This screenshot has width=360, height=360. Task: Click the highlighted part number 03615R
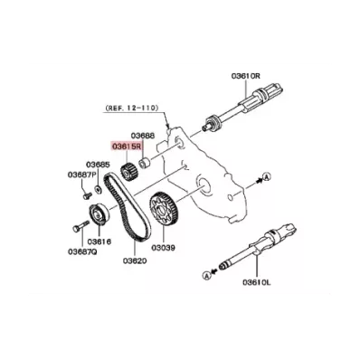point(127,147)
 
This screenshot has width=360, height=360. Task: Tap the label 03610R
point(245,76)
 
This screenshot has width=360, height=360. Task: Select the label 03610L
point(257,282)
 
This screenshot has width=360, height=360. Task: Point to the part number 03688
point(143,136)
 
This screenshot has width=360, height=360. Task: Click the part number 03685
point(98,165)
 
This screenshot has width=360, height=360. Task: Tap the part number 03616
point(99,242)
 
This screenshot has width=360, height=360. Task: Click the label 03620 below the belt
point(135,261)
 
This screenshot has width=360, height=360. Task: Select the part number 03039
point(163,248)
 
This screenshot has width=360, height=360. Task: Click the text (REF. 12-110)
point(131,108)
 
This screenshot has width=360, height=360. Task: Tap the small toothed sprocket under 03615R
point(128,172)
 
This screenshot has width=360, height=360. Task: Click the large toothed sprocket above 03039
point(163,209)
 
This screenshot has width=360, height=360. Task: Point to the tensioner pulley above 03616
point(99,214)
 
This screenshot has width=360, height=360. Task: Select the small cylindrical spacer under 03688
point(145,162)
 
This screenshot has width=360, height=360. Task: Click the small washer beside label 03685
point(98,189)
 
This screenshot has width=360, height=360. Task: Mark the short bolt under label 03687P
point(87,195)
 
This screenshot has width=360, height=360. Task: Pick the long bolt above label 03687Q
point(81,226)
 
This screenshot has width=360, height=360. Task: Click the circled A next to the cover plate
point(266,177)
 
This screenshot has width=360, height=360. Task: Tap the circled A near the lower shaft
point(207,275)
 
